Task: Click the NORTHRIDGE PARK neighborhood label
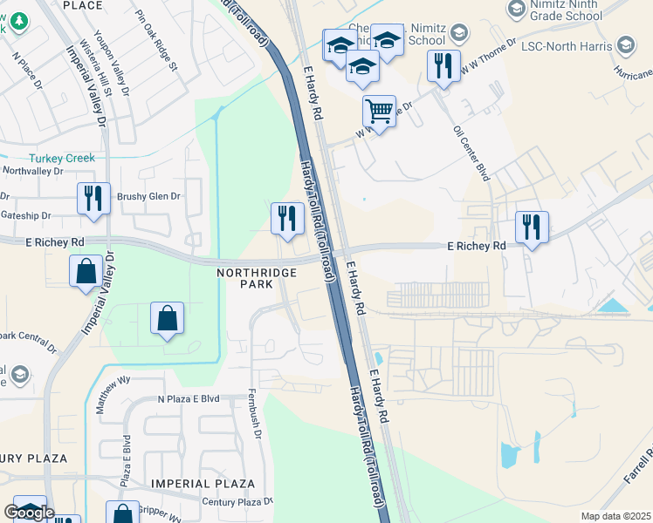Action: click(x=257, y=280)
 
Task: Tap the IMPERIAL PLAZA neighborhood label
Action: click(x=203, y=484)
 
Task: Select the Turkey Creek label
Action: click(x=61, y=159)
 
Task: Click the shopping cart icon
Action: click(x=379, y=112)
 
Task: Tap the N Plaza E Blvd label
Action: click(x=189, y=398)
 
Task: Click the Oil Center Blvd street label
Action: click(x=471, y=153)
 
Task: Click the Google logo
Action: click(x=29, y=513)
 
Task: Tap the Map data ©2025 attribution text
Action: click(x=615, y=516)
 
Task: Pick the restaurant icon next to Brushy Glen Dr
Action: click(x=93, y=198)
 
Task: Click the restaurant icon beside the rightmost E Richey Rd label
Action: click(x=531, y=227)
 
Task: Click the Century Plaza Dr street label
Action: click(x=237, y=501)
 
